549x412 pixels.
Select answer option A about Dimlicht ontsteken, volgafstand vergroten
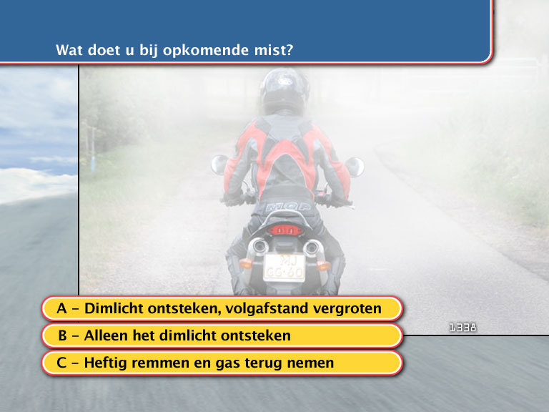click(222, 309)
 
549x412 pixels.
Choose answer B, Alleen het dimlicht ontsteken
click(222, 335)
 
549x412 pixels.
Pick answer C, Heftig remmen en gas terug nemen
click(222, 363)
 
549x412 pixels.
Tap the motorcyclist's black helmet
click(285, 90)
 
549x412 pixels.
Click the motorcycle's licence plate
click(285, 268)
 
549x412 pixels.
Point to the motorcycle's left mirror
click(219, 164)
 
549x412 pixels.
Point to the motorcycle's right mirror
click(355, 167)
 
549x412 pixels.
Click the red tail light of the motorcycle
click(285, 230)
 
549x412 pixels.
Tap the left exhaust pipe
click(258, 245)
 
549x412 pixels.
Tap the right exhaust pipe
click(312, 248)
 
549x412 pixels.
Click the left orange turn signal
click(246, 263)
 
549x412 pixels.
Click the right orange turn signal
click(323, 266)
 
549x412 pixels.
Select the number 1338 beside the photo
click(463, 328)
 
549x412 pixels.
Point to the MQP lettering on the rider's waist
click(288, 207)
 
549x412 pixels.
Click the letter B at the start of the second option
click(62, 335)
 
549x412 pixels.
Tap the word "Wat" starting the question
click(69, 50)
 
